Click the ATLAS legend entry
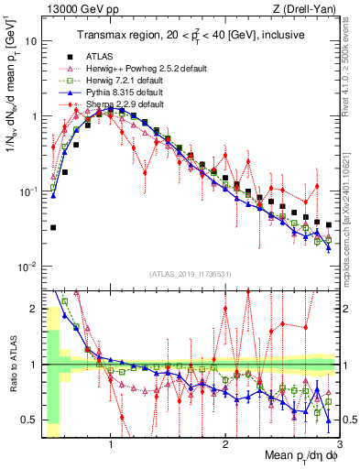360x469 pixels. point(105,57)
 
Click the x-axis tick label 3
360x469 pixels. point(338,445)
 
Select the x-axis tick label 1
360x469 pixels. point(111,445)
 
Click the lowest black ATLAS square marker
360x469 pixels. point(53,227)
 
